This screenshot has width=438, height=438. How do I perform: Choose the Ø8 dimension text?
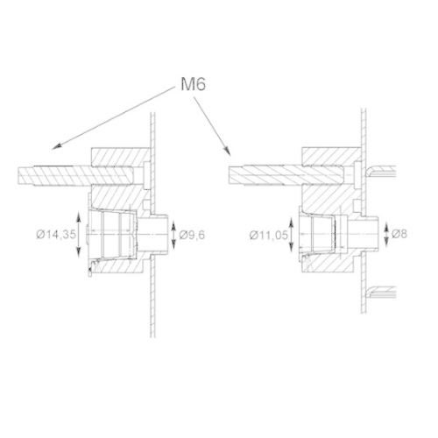[x=402, y=234]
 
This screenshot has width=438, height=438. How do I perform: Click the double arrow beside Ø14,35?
[x=81, y=237]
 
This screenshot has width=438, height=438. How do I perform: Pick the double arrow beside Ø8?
[x=387, y=234]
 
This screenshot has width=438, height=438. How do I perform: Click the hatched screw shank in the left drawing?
[x=53, y=173]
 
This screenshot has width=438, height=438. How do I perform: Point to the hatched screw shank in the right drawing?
[x=263, y=173]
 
